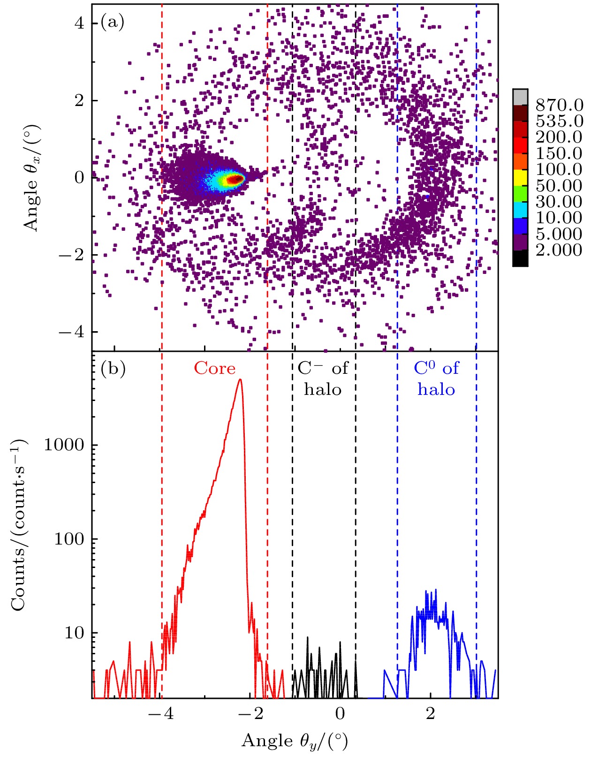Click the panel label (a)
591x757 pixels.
tap(112, 22)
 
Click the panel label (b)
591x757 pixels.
tap(113, 369)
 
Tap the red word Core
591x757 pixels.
tap(215, 369)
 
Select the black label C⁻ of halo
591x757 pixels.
tap(323, 379)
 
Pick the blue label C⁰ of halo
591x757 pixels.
tap(436, 379)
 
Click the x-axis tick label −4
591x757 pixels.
tap(160, 714)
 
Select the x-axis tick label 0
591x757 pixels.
tap(340, 714)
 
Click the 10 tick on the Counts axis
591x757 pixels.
tap(75, 633)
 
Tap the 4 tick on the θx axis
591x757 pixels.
tap(80, 23)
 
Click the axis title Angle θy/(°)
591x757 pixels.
tap(295, 742)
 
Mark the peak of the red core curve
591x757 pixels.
tap(240, 379)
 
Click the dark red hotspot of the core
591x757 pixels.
tap(235, 179)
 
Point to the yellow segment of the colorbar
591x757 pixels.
tap(520, 177)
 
